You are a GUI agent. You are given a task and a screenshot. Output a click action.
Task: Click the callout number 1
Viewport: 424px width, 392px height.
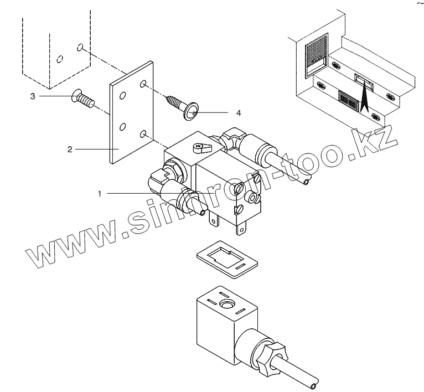(100, 193)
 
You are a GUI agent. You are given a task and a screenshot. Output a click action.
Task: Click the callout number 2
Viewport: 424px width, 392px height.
(70, 149)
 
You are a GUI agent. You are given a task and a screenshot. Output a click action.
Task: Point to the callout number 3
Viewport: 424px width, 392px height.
(33, 96)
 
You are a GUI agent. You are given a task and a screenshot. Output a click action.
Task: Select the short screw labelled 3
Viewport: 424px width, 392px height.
(83, 100)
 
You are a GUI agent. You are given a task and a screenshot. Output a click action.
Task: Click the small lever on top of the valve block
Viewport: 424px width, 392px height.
(201, 147)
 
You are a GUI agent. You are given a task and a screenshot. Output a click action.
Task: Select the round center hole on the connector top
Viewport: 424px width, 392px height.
(226, 305)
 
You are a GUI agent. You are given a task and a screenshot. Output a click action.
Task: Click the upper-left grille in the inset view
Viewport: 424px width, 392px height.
(317, 55)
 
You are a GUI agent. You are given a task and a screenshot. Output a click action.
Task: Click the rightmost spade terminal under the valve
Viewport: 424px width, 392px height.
(242, 228)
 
